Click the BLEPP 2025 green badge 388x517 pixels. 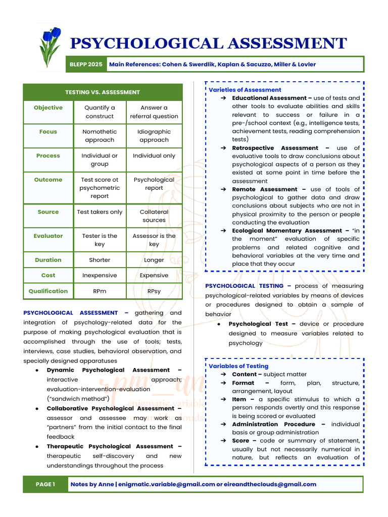pyautogui.click(x=86, y=64)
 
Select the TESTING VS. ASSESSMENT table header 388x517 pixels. pyautogui.click(x=103, y=92)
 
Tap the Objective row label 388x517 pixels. pyautogui.click(x=48, y=108)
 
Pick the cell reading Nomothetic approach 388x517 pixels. pyautogui.click(x=100, y=136)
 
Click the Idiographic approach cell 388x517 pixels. pyautogui.click(x=154, y=136)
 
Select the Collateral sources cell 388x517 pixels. pyautogui.click(x=154, y=216)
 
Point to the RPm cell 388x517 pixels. pyautogui.click(x=100, y=291)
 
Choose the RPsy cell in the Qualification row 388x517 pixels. pyautogui.click(x=154, y=291)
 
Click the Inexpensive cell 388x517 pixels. pyautogui.click(x=100, y=275)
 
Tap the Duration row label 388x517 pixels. pyautogui.click(x=48, y=260)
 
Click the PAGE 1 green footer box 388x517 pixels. pyautogui.click(x=45, y=484)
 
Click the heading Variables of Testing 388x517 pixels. pyautogui.click(x=238, y=366)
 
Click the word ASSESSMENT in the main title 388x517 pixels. pyautogui.click(x=286, y=43)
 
